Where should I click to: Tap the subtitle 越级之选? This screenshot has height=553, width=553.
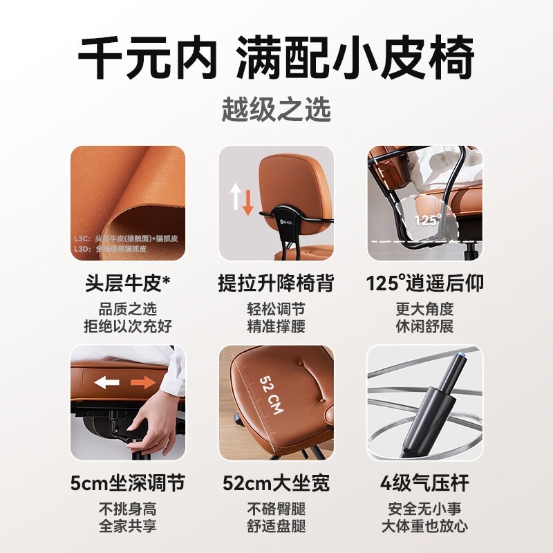click(276, 109)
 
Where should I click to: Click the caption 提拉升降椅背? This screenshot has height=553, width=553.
click(276, 283)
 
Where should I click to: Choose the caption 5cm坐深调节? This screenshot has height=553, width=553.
click(128, 482)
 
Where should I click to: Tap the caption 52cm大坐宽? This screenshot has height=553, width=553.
click(276, 482)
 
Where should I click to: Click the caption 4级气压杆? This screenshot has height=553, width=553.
click(424, 482)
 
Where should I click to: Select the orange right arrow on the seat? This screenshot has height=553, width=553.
click(142, 382)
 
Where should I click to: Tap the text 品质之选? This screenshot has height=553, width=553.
click(128, 309)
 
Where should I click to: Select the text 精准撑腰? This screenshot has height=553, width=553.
click(276, 326)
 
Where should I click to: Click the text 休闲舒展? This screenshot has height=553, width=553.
click(424, 326)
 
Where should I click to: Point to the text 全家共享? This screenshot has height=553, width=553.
click(128, 525)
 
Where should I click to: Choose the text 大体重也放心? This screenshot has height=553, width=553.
click(424, 525)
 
